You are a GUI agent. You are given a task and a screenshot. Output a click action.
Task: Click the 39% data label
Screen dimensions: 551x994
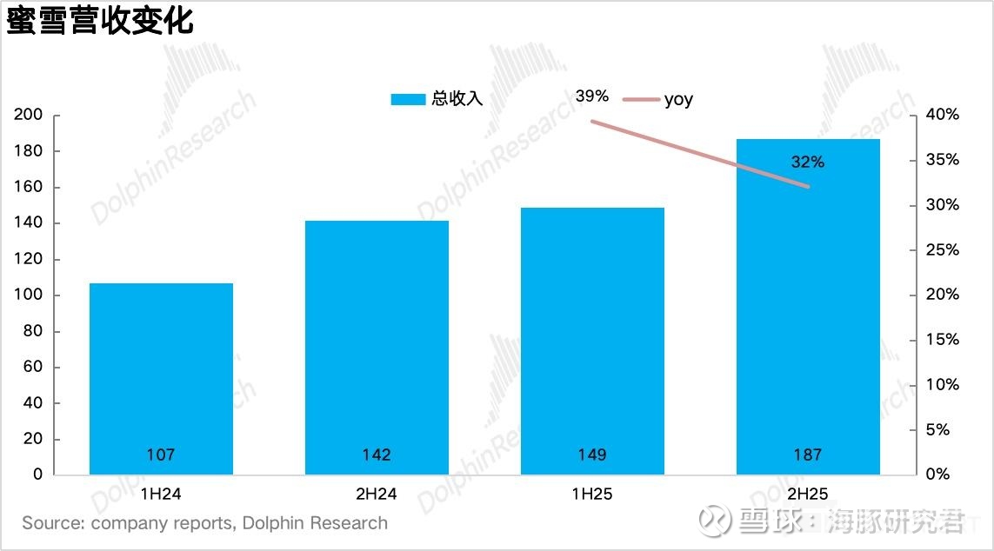[592, 96]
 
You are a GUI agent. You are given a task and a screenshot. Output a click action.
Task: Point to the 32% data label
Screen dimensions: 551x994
[808, 163]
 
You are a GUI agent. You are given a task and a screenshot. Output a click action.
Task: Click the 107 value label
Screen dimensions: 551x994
[161, 455]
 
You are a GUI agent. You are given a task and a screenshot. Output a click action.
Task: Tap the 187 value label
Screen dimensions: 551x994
[808, 455]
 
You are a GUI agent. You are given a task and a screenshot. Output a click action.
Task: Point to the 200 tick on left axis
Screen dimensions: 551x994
[30, 116]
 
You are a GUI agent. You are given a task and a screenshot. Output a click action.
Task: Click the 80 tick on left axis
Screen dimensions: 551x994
[33, 331]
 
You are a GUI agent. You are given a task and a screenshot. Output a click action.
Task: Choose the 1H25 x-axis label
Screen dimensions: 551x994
[592, 495]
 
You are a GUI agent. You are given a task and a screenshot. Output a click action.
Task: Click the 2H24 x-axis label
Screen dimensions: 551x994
[377, 495]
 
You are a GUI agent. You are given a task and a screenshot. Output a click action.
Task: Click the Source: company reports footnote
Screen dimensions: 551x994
[205, 523]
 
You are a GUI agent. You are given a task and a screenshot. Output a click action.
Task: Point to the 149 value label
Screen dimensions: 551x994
[592, 455]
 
